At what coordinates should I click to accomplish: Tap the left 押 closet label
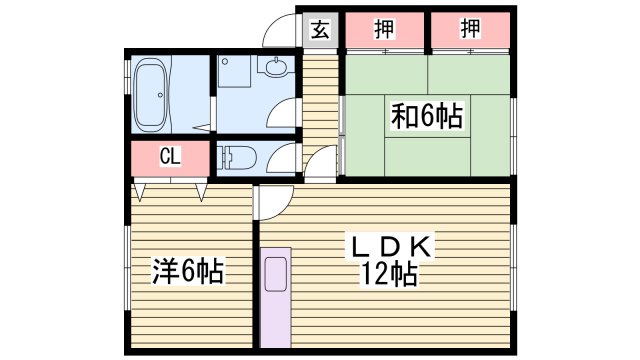point(384,29)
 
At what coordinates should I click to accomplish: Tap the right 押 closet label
point(470,29)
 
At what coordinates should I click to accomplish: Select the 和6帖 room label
point(426,117)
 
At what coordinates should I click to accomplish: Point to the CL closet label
point(170,157)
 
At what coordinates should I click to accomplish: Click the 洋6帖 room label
point(187,270)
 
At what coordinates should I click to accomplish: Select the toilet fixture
point(234,158)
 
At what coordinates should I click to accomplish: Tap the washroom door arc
point(285,112)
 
